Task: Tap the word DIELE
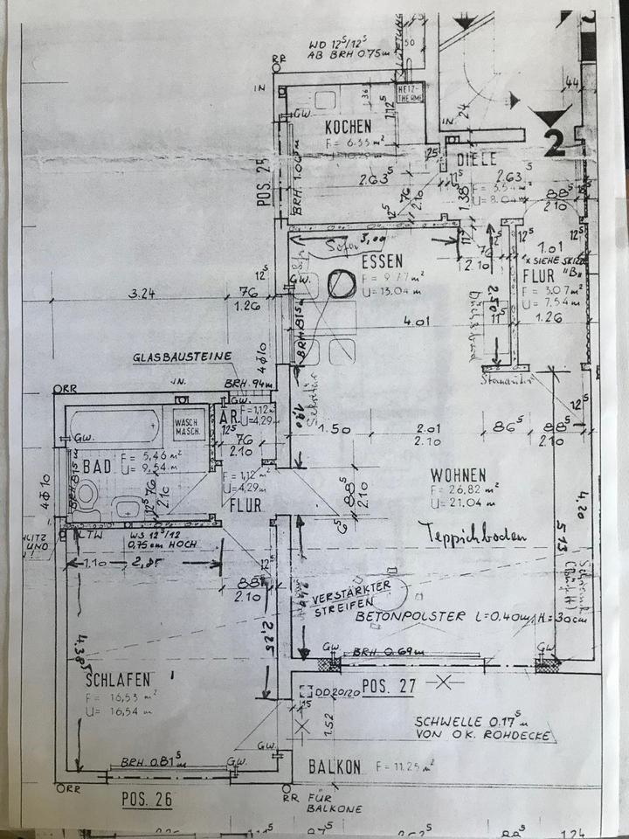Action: click(x=476, y=159)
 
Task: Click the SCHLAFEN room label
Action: click(x=120, y=678)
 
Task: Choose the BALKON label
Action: click(x=335, y=766)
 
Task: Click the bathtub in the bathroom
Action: click(x=114, y=427)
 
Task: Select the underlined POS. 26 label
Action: click(x=144, y=798)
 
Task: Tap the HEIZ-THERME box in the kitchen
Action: click(x=410, y=94)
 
